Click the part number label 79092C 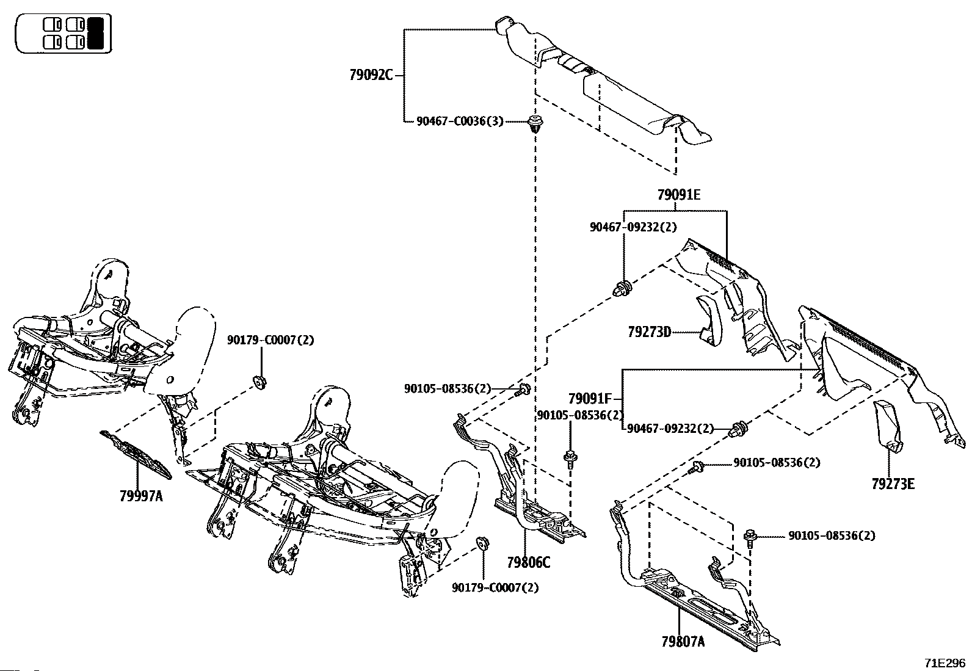click(x=371, y=75)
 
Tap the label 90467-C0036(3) click(x=460, y=122)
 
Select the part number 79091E click(x=678, y=195)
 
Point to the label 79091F click(x=589, y=399)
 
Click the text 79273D click(x=649, y=332)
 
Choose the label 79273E click(x=893, y=484)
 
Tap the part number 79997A click(x=141, y=495)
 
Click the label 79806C click(x=528, y=562)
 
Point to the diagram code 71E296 click(x=944, y=663)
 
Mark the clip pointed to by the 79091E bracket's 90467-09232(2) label click(x=623, y=288)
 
